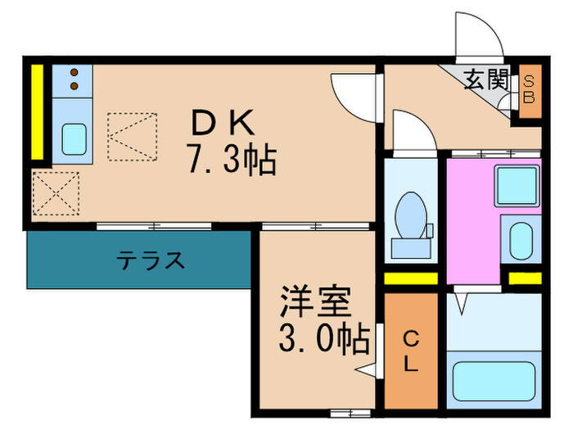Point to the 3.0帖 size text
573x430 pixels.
point(322,337)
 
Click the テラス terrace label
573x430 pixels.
point(150,260)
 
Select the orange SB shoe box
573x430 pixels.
point(530,89)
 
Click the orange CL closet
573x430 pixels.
point(412,351)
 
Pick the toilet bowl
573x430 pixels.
point(410,216)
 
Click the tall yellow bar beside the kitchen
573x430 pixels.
point(37,112)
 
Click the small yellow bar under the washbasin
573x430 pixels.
point(524,278)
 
